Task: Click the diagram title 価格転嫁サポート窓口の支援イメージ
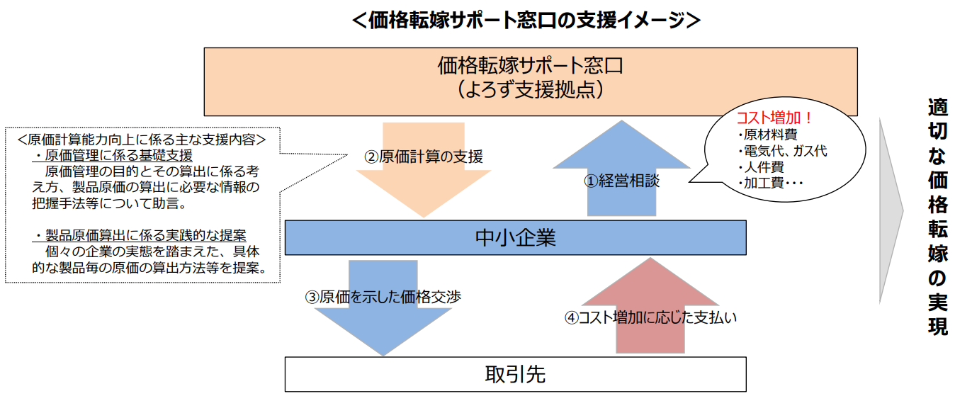point(526,20)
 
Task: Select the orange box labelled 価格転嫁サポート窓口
point(531,81)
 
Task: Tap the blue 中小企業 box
point(516,237)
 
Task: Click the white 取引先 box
point(516,374)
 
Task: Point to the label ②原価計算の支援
point(424,157)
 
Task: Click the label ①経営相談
point(621,181)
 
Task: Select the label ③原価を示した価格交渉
point(383,297)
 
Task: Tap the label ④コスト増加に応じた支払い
point(650,317)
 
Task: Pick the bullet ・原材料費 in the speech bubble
point(767,135)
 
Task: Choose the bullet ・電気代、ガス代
point(782,152)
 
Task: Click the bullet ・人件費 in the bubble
point(761,167)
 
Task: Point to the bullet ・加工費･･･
point(770,183)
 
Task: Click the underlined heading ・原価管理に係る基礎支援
point(113,155)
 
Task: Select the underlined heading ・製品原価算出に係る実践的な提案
point(140,235)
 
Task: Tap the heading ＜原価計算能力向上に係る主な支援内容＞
point(142,140)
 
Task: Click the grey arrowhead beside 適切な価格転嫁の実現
point(891,210)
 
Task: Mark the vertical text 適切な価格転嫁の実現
point(937,217)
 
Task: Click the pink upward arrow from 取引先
point(650,305)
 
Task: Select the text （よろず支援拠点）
point(531,90)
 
